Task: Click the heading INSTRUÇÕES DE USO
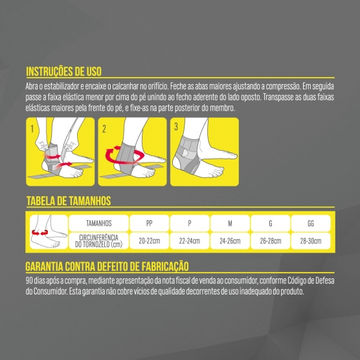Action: [x=63, y=71]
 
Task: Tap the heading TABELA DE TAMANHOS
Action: [x=69, y=201]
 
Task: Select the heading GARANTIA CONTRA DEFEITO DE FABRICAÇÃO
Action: [x=107, y=266]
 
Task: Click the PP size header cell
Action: [x=149, y=223]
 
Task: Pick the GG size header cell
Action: [x=311, y=223]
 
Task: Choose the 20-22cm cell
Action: [x=149, y=241]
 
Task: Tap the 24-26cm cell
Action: [x=230, y=241]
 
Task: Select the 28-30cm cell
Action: [x=311, y=241]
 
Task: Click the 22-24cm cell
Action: [x=190, y=241]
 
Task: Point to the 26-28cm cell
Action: [x=271, y=241]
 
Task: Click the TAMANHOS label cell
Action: [x=98, y=223]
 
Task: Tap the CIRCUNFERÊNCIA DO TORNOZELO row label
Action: [x=98, y=241]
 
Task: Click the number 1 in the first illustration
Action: [x=32, y=129]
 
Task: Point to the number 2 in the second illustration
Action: [x=104, y=129]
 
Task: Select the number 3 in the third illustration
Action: [x=176, y=126]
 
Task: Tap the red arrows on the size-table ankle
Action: [x=39, y=233]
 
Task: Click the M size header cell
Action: [x=230, y=223]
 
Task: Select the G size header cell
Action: [x=271, y=223]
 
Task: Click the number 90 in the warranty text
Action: [x=29, y=280]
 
